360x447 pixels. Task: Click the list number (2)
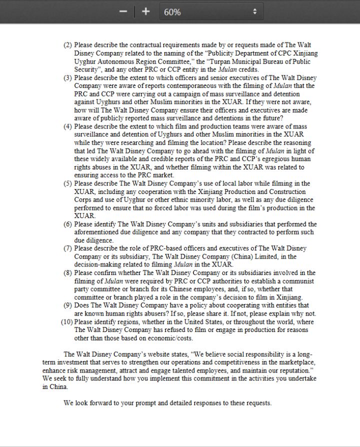tap(68, 45)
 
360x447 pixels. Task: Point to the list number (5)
tap(68, 183)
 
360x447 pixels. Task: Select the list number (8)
tap(68, 272)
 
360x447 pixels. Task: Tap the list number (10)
tap(66, 321)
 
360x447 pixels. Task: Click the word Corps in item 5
tap(83, 200)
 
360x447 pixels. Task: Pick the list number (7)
tap(68, 248)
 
